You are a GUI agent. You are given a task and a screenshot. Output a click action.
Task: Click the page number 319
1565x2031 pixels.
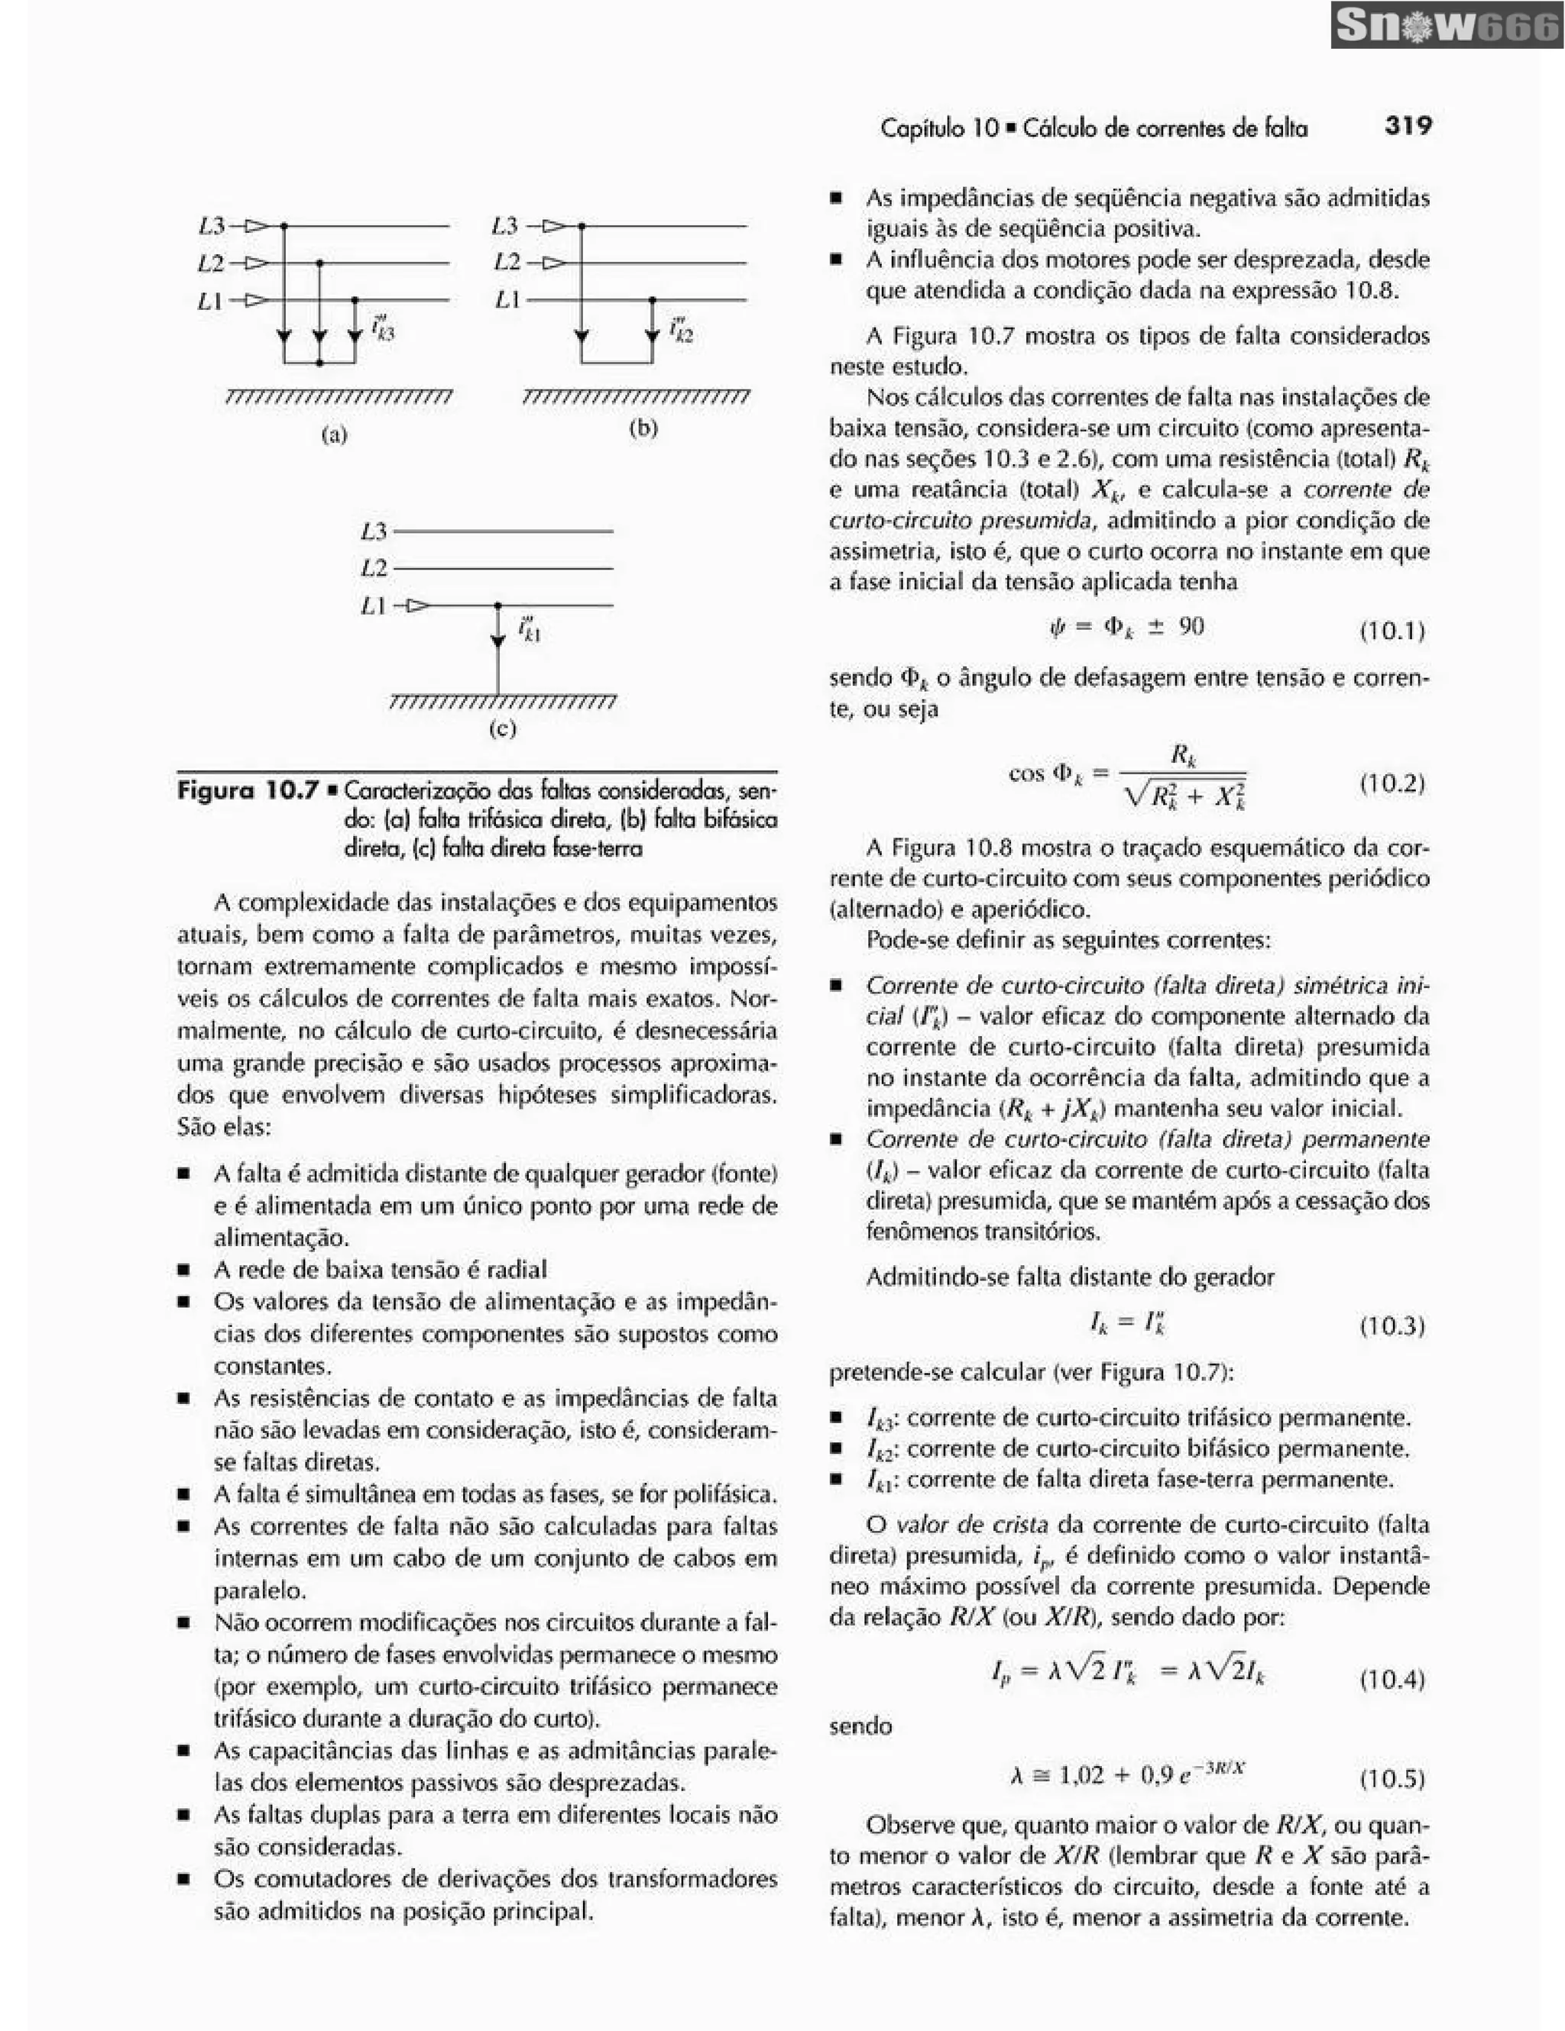click(1408, 125)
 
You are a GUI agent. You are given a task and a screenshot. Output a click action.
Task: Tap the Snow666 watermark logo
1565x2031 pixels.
click(1446, 26)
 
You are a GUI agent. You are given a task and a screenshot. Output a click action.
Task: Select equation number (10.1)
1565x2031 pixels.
click(1392, 631)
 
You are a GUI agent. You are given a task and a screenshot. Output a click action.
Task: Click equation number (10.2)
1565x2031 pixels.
click(1392, 783)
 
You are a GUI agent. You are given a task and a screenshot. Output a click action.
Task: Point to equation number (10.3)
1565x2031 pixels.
click(1392, 1325)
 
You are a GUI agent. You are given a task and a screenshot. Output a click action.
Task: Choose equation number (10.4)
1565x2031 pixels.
click(1392, 1680)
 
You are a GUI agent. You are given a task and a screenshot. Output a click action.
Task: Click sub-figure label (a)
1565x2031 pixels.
click(333, 434)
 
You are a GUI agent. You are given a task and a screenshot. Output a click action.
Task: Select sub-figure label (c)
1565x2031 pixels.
click(503, 728)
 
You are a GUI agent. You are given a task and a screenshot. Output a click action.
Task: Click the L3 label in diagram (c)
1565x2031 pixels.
click(374, 532)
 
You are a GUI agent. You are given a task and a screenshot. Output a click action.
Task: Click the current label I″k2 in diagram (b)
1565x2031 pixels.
click(680, 328)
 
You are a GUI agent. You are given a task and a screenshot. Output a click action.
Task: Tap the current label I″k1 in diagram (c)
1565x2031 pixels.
click(530, 630)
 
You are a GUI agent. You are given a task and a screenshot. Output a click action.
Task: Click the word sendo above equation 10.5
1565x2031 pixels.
click(860, 1727)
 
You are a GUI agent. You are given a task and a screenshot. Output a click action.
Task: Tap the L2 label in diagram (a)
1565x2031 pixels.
click(211, 263)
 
